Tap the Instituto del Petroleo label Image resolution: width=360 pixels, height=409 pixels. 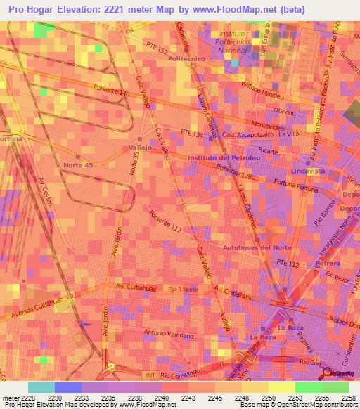(x=224, y=158)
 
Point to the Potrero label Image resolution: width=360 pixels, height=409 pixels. (x=327, y=263)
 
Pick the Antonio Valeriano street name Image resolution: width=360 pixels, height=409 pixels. (x=168, y=334)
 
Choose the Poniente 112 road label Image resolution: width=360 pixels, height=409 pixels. (x=165, y=224)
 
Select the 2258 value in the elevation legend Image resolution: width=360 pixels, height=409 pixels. (x=349, y=397)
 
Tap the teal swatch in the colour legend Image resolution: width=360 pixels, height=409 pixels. (x=41, y=387)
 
